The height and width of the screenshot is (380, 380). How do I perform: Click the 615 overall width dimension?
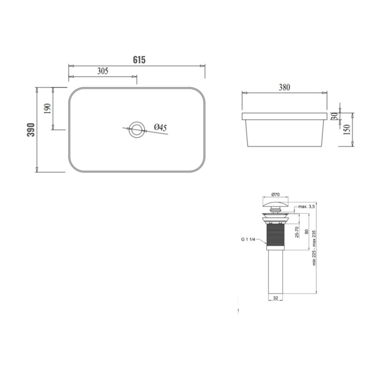(139, 60)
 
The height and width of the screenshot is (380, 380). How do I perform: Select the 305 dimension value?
(103, 71)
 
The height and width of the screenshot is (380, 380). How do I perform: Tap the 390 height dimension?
(31, 130)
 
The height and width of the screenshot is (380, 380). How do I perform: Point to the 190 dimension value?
(47, 109)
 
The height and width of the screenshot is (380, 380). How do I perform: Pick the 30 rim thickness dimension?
(334, 116)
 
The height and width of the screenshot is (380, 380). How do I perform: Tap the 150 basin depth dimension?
(346, 130)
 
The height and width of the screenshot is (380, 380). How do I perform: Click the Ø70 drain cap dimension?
(275, 195)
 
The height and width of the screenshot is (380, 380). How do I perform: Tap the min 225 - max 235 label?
(314, 247)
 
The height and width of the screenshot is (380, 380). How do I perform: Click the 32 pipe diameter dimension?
(275, 298)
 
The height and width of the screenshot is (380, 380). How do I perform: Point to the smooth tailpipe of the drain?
(275, 271)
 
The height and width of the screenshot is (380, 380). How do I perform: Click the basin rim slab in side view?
(284, 116)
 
